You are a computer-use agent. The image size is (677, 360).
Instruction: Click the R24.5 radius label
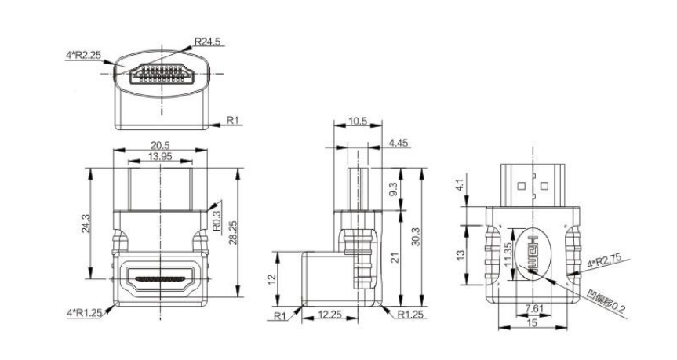207,42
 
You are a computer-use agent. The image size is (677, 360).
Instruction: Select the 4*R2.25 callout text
83,55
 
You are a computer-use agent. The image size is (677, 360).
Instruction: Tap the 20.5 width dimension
160,145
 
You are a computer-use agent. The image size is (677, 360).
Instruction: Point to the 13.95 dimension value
160,156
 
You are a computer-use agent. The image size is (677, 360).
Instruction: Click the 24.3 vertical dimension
86,224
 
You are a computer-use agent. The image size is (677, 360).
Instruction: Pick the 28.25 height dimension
233,233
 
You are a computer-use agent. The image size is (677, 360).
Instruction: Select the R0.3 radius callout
217,219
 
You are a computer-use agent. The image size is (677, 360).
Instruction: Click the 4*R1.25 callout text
84,313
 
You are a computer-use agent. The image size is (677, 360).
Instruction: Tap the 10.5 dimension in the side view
358,122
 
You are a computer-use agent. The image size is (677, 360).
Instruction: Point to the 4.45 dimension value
399,143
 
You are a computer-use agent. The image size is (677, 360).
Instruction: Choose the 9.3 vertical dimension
393,189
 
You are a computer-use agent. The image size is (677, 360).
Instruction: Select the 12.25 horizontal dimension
329,315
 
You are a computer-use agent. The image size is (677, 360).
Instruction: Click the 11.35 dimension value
508,254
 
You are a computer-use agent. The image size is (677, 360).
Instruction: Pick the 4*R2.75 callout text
604,260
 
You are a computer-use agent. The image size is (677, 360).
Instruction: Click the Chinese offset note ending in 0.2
606,302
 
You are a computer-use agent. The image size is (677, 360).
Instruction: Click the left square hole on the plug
521,187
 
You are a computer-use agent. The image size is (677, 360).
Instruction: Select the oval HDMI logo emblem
533,254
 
